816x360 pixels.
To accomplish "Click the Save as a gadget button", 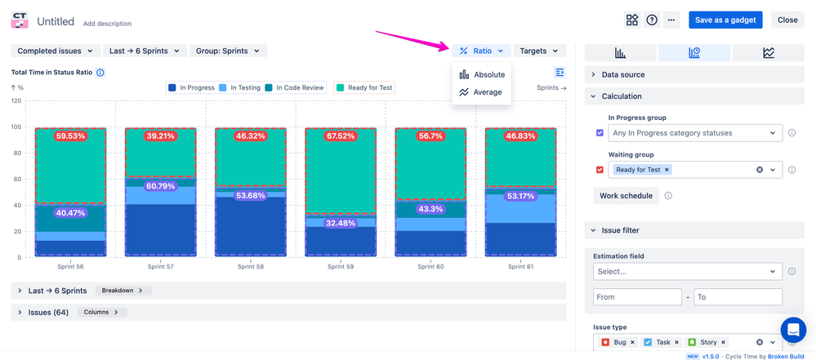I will [725, 20].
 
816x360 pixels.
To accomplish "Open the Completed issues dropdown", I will [55, 51].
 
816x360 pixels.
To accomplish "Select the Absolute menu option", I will [482, 74].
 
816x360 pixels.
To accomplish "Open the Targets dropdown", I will [539, 51].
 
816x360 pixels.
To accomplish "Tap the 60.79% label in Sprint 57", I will [160, 186].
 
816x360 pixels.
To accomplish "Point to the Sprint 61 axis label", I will [520, 267].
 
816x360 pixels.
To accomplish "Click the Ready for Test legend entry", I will [364, 87].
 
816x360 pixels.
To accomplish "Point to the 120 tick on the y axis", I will [16, 101].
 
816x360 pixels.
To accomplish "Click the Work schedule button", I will [626, 196].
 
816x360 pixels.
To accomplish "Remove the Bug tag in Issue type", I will [632, 342].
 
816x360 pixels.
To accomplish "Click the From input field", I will [637, 297].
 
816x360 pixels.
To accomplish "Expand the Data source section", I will [622, 74].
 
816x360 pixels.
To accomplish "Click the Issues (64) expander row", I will [48, 312].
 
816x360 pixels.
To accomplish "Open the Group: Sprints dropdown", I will [228, 51].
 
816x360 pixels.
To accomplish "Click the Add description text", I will [107, 24].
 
